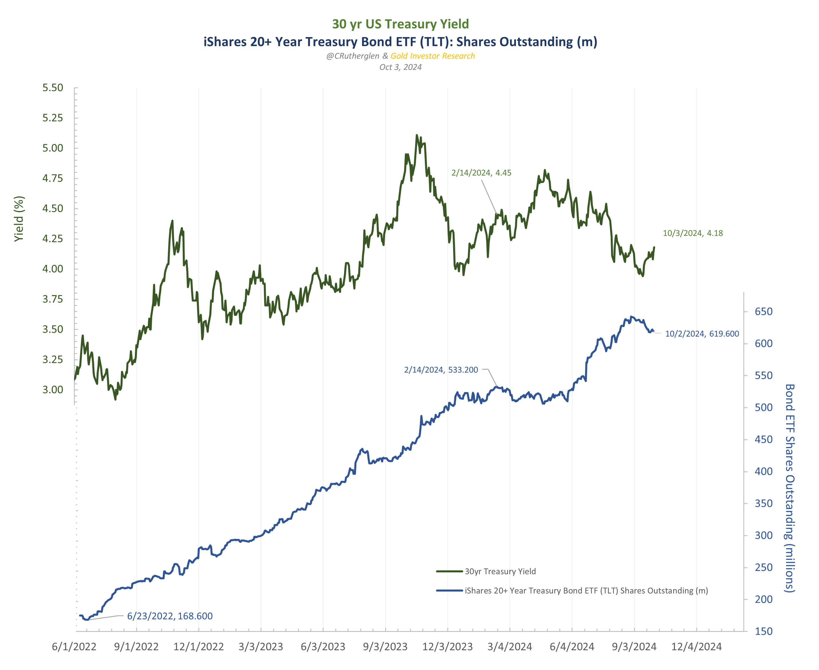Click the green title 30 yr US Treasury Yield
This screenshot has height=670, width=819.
point(400,24)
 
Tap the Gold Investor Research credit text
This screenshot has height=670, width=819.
point(433,56)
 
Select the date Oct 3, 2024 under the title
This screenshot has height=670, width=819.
point(400,67)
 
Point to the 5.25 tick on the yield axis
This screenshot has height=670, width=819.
point(52,118)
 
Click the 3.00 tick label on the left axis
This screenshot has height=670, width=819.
point(52,389)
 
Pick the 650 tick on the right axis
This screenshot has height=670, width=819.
point(763,312)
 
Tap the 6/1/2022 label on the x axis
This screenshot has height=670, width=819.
point(74,647)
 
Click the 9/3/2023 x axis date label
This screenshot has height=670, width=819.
point(385,647)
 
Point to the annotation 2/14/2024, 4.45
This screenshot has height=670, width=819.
point(481,173)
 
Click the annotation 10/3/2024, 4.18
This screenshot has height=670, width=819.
point(693,233)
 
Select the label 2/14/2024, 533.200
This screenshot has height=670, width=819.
point(441,370)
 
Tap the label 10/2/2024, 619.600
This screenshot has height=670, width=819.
point(702,334)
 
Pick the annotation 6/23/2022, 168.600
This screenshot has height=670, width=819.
point(170,616)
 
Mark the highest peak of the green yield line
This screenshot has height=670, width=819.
point(417,135)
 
